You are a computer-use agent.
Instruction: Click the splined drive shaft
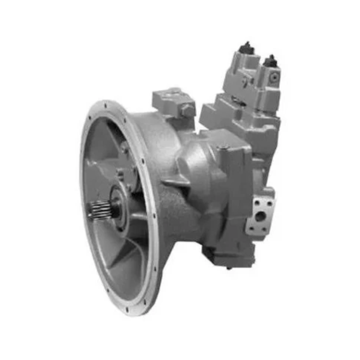pos(99,210)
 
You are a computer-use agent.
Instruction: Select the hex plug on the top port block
pos(188,109)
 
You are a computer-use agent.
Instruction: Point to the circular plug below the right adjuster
pos(274,77)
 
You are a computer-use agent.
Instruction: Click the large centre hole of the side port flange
pos(260,216)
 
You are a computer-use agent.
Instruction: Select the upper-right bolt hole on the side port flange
pos(269,203)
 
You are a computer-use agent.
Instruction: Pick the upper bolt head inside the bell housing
pos(124,147)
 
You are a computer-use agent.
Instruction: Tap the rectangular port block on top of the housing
pos(173,99)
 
